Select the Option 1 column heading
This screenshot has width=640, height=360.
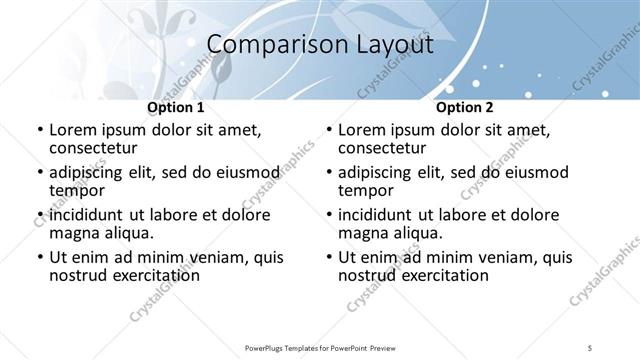point(176,107)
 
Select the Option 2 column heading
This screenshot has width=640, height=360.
point(465,107)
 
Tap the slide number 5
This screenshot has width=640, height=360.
point(590,347)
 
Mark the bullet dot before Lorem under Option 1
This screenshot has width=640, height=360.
point(39,130)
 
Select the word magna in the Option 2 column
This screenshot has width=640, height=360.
point(363,233)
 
